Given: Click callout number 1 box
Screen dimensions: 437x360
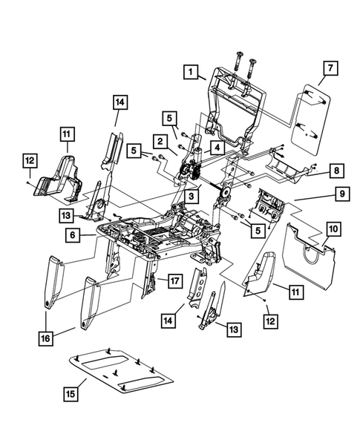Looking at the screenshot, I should (192, 72).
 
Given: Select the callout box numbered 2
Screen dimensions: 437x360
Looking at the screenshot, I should (159, 140).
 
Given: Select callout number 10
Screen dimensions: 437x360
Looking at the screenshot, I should (333, 230).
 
